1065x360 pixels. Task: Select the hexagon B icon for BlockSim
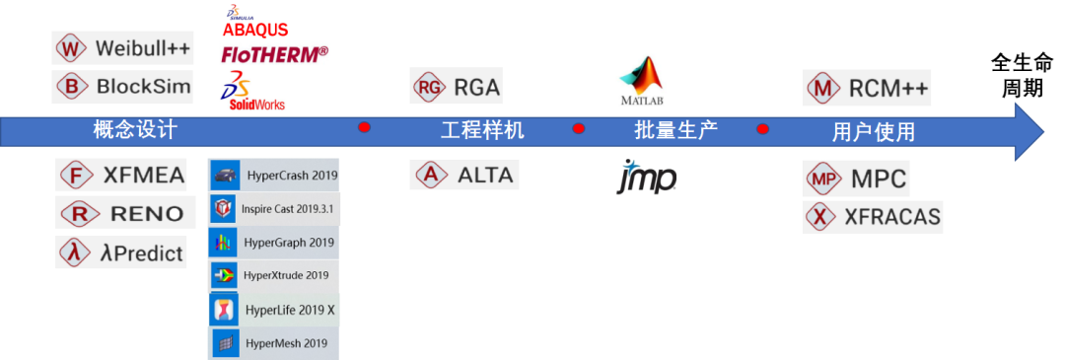click(71, 87)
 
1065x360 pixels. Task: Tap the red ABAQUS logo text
click(255, 30)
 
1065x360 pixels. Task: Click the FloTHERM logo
click(275, 53)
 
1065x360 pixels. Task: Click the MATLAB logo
click(641, 81)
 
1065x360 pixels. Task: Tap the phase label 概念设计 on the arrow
click(135, 130)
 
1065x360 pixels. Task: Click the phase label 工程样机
click(482, 130)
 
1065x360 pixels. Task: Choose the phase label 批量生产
click(676, 130)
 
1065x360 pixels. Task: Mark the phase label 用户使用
click(874, 132)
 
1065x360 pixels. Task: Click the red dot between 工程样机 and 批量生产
click(579, 127)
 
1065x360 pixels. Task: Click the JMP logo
click(647, 176)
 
